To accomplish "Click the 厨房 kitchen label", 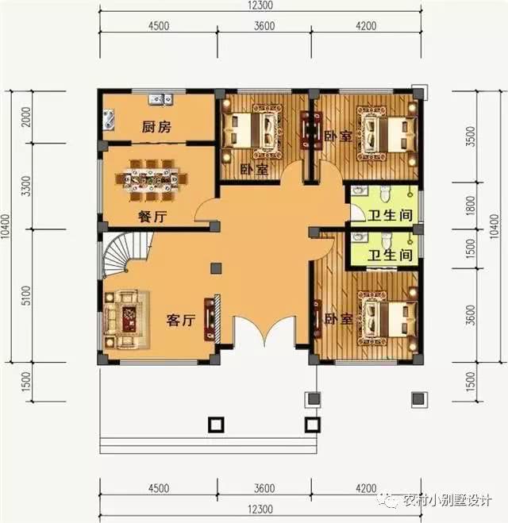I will coord(156,127).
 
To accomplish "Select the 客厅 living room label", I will coord(180,321).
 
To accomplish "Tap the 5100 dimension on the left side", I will coord(26,297).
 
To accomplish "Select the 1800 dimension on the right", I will coord(471,208).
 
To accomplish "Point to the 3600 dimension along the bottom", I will coord(264,489).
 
